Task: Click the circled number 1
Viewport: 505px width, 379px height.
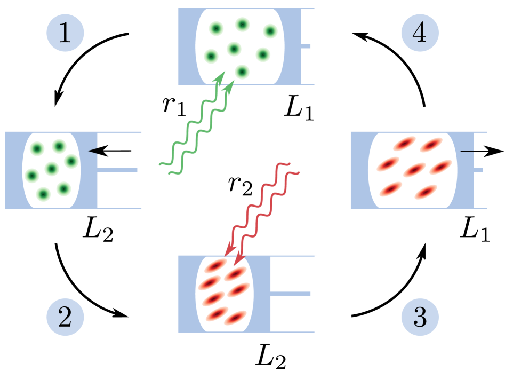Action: tap(65, 33)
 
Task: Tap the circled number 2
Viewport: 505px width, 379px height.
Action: tap(65, 317)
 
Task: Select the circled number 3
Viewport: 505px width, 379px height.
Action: tap(420, 317)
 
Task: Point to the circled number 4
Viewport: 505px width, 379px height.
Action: tap(420, 33)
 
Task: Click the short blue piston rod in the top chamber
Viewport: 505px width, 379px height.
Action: tap(306, 46)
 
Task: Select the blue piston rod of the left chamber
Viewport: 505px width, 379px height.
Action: tap(118, 170)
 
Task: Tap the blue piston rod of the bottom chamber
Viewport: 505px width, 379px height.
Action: tap(291, 294)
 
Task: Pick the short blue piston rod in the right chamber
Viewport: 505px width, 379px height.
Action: tap(478, 170)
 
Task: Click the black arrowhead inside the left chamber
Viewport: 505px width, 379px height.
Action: tap(93, 151)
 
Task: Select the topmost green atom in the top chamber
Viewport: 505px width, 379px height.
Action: tap(243, 25)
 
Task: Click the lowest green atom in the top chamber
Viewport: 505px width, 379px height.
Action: tap(242, 72)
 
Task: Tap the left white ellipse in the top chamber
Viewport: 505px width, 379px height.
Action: tap(209, 46)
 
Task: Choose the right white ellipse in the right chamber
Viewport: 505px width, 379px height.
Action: tap(444, 170)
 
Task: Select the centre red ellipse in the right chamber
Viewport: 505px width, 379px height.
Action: tap(414, 170)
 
